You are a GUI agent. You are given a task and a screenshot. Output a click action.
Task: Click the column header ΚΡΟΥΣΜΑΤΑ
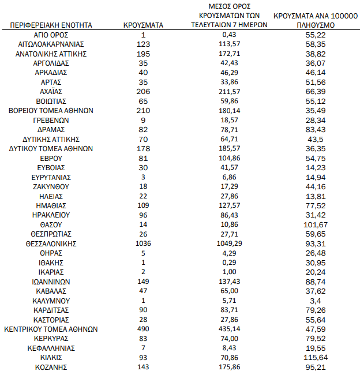pos(143,25)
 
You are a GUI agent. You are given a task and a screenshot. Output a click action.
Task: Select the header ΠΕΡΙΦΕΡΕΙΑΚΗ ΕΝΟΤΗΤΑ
pos(51,25)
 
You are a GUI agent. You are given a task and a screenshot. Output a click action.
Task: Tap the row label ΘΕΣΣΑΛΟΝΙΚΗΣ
pos(51,243)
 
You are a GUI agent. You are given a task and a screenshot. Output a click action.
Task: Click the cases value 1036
pos(143,243)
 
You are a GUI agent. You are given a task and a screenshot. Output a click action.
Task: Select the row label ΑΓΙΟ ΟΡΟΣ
pos(51,35)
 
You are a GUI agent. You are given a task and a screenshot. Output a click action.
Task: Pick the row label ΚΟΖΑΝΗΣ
pos(51,367)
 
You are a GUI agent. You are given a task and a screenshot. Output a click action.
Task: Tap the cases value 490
pos(143,329)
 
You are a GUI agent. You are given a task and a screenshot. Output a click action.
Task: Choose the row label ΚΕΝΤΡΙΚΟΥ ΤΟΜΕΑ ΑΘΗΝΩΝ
pos(51,329)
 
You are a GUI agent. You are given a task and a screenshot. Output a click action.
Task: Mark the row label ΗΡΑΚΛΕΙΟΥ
pos(51,215)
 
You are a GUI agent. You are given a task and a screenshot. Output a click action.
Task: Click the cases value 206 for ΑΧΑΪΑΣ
pos(143,91)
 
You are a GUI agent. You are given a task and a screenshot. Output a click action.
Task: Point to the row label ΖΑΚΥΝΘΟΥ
pos(51,186)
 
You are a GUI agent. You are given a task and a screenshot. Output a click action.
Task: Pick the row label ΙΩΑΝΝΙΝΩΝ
pos(51,281)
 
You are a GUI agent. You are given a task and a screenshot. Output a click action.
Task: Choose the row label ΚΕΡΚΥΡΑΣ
pos(51,338)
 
